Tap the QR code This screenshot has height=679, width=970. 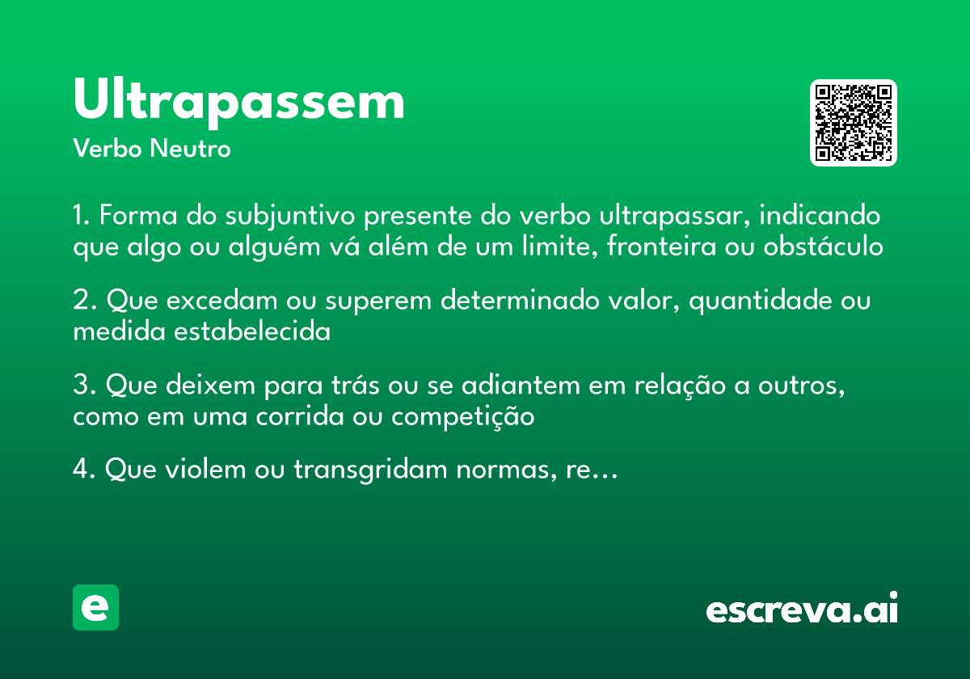(854, 123)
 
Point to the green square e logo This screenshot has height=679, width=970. (95, 607)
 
